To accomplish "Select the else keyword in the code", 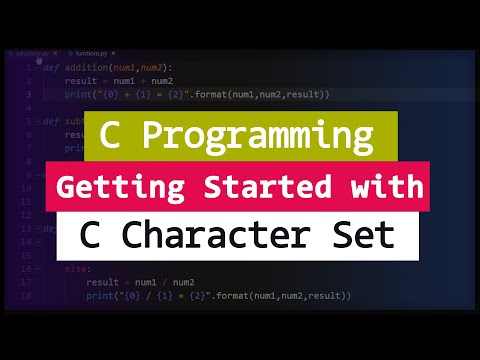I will [75, 269].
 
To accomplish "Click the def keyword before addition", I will [50, 66].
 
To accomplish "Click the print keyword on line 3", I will [81, 93].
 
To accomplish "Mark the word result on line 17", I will [106, 283].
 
